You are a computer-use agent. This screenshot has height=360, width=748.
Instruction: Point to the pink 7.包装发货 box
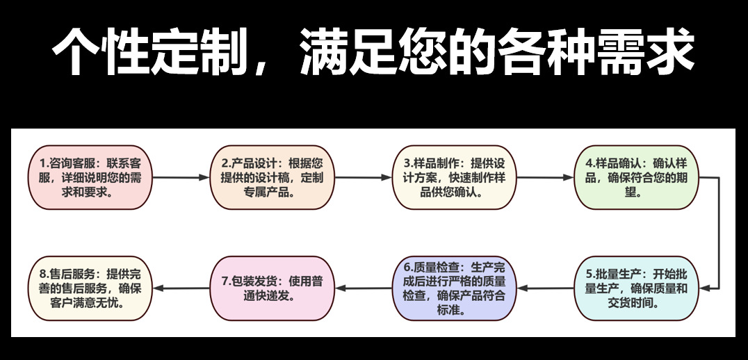click(273, 288)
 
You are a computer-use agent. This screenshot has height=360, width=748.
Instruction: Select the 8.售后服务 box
click(90, 288)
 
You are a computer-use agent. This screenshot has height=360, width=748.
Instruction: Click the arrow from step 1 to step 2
click(181, 177)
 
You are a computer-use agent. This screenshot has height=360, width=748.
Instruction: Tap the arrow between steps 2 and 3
click(364, 177)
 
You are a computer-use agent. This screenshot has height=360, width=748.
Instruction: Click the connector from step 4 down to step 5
click(717, 233)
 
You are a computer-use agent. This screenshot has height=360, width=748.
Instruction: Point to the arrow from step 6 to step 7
click(364, 288)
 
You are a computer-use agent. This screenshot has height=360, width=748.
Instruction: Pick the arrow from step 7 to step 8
click(181, 288)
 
